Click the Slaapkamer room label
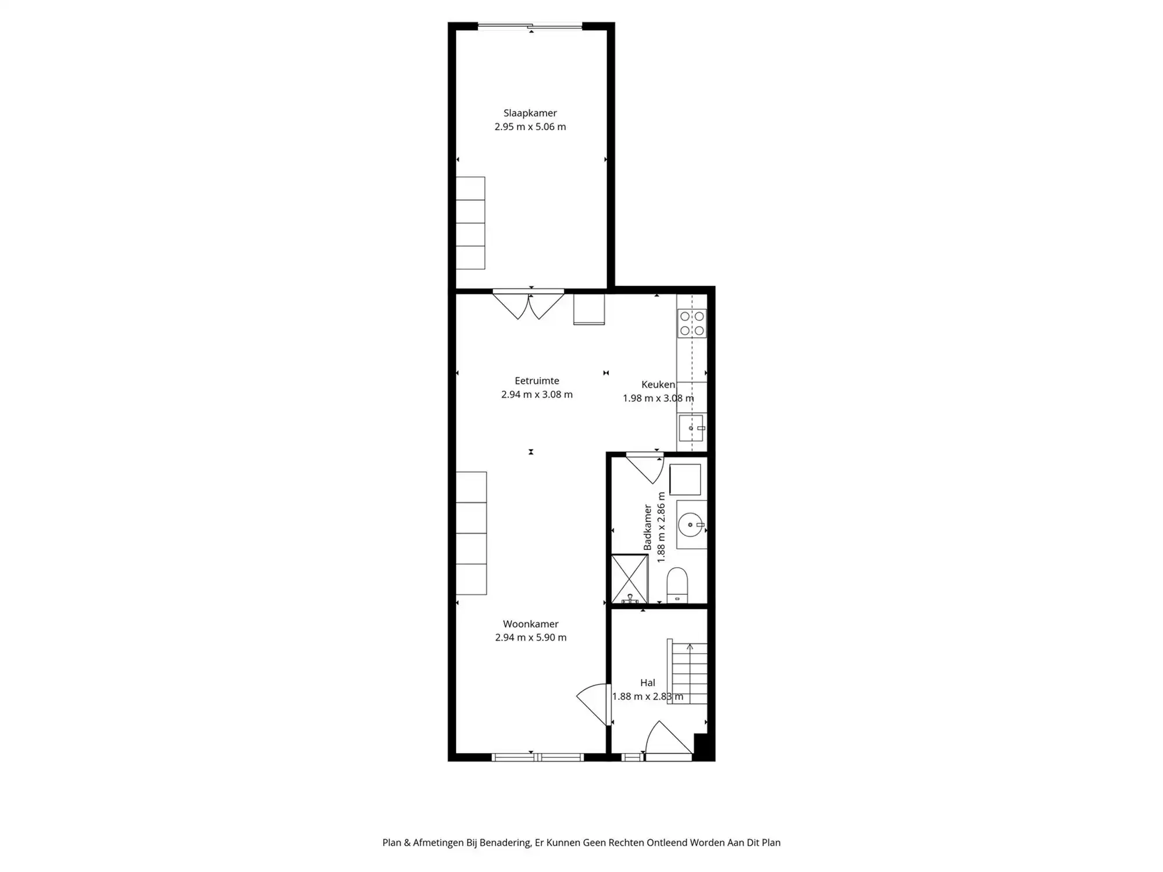point(530,113)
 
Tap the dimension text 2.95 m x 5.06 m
point(530,127)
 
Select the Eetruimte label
point(536,381)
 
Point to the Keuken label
point(658,384)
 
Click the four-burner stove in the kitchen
point(692,323)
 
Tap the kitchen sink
point(691,428)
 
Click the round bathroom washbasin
point(691,524)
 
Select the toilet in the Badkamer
point(677,584)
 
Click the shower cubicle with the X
point(629,578)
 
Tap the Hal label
point(647,682)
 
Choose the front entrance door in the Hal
point(669,741)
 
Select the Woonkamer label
point(530,624)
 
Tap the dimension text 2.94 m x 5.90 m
point(530,637)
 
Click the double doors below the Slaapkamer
point(528,305)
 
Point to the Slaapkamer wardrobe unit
point(470,223)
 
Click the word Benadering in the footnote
point(505,842)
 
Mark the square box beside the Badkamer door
point(684,480)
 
